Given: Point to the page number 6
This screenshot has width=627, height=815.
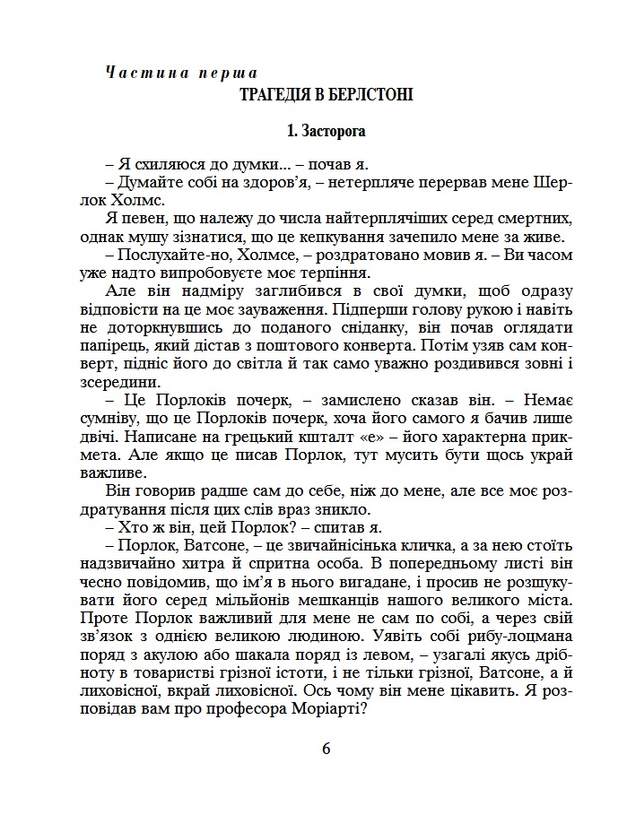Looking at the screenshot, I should pos(327,749).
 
